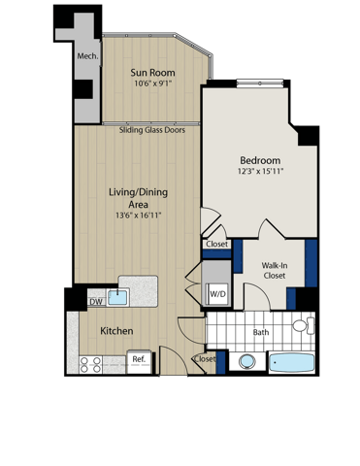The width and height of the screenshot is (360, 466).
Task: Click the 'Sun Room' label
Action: click(x=152, y=73)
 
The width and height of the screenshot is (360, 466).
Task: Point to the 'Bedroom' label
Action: click(x=260, y=160)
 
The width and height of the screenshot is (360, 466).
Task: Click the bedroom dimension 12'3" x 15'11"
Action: click(x=260, y=173)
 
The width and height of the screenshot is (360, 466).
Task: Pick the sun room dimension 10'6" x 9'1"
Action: click(x=152, y=84)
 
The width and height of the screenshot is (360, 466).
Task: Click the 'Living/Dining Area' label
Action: click(x=135, y=198)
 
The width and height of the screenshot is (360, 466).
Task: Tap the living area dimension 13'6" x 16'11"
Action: click(x=137, y=216)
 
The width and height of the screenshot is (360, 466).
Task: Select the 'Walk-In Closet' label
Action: click(x=275, y=268)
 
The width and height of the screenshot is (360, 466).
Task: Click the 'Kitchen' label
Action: click(x=116, y=332)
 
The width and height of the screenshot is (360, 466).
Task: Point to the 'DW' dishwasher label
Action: click(x=96, y=302)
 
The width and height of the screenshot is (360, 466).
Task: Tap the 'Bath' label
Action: click(x=260, y=333)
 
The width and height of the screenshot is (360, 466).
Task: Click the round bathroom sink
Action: click(x=247, y=361)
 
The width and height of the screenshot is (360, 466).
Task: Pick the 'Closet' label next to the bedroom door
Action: click(x=217, y=244)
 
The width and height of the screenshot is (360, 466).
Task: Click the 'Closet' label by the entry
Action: click(x=205, y=359)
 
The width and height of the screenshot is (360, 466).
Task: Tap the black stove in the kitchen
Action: click(x=141, y=361)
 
